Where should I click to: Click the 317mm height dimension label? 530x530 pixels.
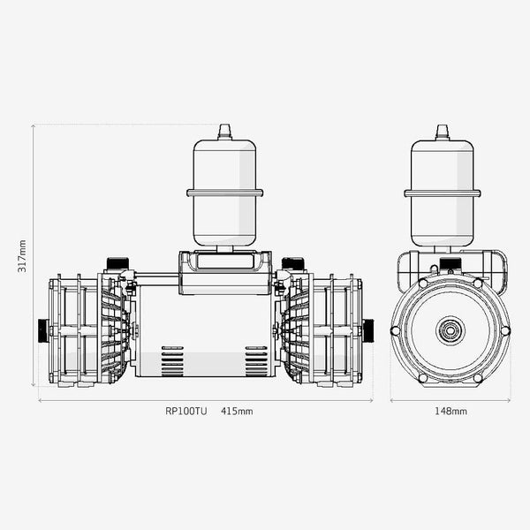23,256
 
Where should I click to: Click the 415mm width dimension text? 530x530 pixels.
237,411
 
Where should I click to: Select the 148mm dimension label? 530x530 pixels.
451,411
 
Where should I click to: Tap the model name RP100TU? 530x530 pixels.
185,411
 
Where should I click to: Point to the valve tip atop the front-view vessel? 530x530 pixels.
224,131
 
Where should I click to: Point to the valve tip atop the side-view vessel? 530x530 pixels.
443,131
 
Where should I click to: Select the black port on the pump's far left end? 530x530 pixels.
42,330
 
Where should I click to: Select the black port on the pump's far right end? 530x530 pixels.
367,330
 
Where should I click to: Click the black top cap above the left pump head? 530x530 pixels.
117,263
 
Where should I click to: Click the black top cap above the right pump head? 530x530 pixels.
292,263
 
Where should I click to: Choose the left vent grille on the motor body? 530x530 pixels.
172,361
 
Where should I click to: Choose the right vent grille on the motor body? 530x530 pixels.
256,361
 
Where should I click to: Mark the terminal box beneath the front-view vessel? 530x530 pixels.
224,272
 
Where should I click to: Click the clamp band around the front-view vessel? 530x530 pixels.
224,193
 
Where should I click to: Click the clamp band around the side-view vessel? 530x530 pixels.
443,193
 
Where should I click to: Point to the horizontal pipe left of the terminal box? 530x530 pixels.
156,278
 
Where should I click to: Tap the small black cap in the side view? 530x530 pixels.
450,262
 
